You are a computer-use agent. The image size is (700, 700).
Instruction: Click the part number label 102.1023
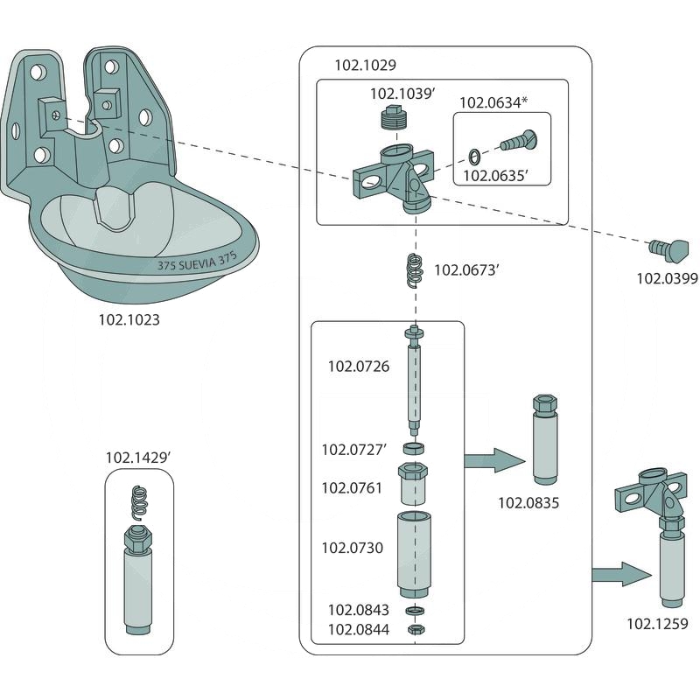click(129, 320)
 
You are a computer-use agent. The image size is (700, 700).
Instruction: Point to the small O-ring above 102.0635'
click(473, 157)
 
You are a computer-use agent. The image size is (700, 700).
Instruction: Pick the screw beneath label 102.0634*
click(517, 139)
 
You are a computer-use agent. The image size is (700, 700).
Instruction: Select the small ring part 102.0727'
click(414, 449)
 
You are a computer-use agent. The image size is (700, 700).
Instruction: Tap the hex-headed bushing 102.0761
click(414, 484)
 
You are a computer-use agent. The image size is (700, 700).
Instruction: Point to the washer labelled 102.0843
click(415, 610)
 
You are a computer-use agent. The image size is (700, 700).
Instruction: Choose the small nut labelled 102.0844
click(415, 628)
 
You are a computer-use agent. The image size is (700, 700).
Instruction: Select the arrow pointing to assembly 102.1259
click(622, 575)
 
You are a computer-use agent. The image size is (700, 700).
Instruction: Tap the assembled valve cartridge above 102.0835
click(542, 441)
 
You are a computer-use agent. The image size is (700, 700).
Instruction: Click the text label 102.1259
click(656, 624)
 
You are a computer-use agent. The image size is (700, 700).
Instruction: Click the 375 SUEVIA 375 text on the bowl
click(197, 262)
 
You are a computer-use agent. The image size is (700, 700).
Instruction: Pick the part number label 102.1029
click(366, 66)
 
